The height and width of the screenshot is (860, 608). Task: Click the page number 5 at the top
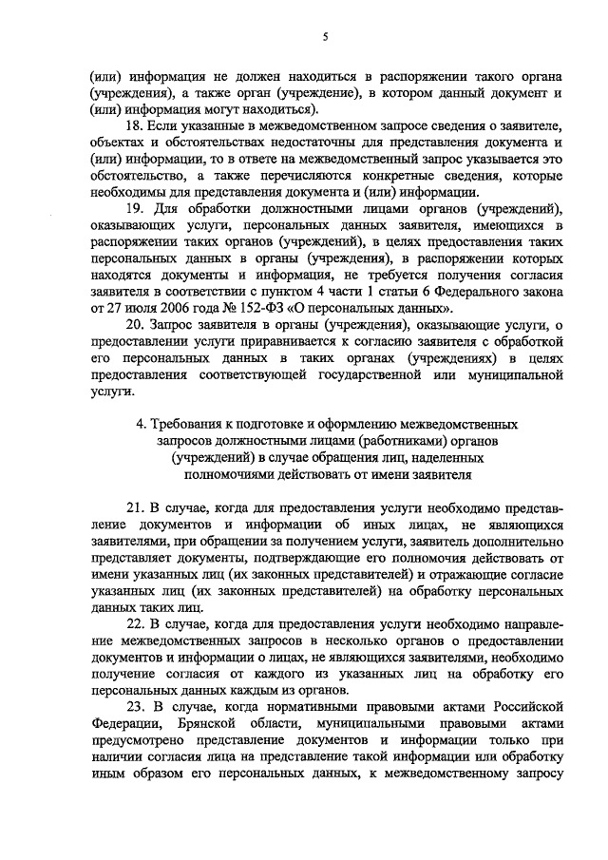(x=325, y=37)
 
